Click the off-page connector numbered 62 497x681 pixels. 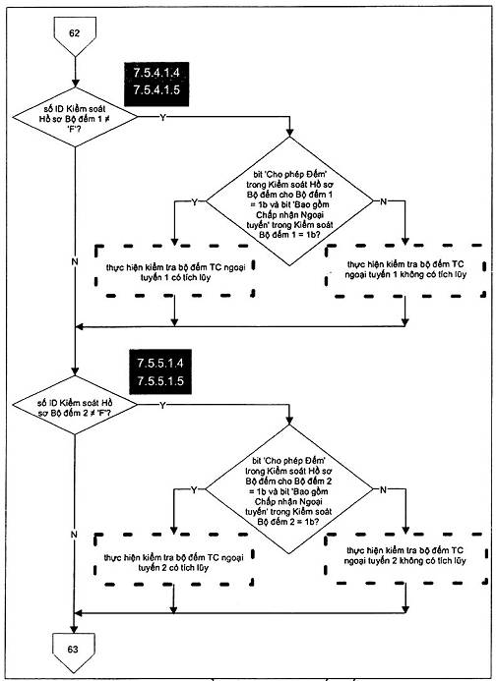[75, 34]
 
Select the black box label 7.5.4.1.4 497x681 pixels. [156, 73]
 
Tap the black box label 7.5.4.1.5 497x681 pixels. [156, 89]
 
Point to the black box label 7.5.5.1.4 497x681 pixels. [160, 363]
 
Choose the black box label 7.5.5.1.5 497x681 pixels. [160, 381]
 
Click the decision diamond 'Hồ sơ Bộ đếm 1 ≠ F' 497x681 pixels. [75, 117]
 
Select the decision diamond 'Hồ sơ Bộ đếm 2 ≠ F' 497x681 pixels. [75, 405]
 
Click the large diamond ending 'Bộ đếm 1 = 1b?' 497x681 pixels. [289, 201]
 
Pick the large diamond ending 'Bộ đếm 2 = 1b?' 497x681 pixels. [289, 489]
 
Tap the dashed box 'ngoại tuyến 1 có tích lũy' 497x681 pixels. [174, 270]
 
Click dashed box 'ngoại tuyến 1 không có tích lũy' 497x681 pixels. [405, 270]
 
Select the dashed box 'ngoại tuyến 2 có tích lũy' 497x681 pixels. [173, 559]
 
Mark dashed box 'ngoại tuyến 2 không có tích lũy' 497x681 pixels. [405, 558]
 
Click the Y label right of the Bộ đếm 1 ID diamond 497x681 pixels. [162, 117]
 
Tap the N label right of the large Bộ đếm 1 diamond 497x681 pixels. [383, 201]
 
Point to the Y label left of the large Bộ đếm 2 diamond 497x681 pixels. [194, 490]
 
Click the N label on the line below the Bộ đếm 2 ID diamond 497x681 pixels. [74, 535]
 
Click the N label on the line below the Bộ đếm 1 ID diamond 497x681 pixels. [75, 261]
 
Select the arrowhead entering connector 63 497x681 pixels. [74, 629]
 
